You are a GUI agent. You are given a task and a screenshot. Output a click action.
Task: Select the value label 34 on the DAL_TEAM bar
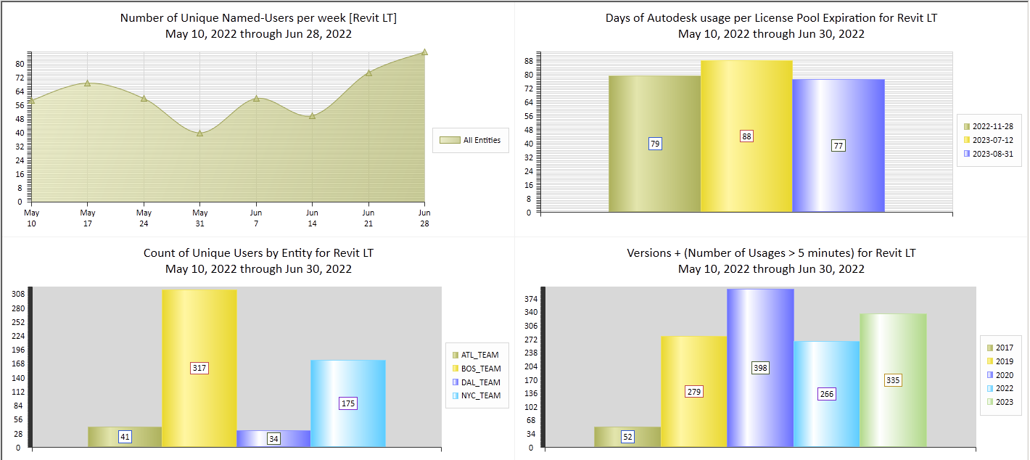273,439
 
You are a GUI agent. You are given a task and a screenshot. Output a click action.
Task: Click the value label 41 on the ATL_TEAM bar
125,437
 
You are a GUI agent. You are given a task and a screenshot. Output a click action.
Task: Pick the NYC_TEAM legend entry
480,395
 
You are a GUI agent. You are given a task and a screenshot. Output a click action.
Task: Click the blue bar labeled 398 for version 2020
760,326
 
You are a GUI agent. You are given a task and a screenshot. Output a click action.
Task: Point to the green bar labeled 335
893,348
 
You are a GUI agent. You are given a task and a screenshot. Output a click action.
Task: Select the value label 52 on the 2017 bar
627,437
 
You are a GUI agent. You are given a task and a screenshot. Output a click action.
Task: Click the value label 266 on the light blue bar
826,394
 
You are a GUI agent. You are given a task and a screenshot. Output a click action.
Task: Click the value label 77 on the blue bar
839,146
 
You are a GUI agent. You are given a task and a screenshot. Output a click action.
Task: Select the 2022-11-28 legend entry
992,126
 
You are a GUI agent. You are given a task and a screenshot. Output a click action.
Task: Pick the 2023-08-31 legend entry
992,153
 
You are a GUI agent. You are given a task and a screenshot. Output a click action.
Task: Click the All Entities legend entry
476,140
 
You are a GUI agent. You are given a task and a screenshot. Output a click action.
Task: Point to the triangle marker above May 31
199,132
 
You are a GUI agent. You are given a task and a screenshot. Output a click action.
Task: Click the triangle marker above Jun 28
424,52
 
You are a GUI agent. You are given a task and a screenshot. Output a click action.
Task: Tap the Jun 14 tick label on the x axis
312,218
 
